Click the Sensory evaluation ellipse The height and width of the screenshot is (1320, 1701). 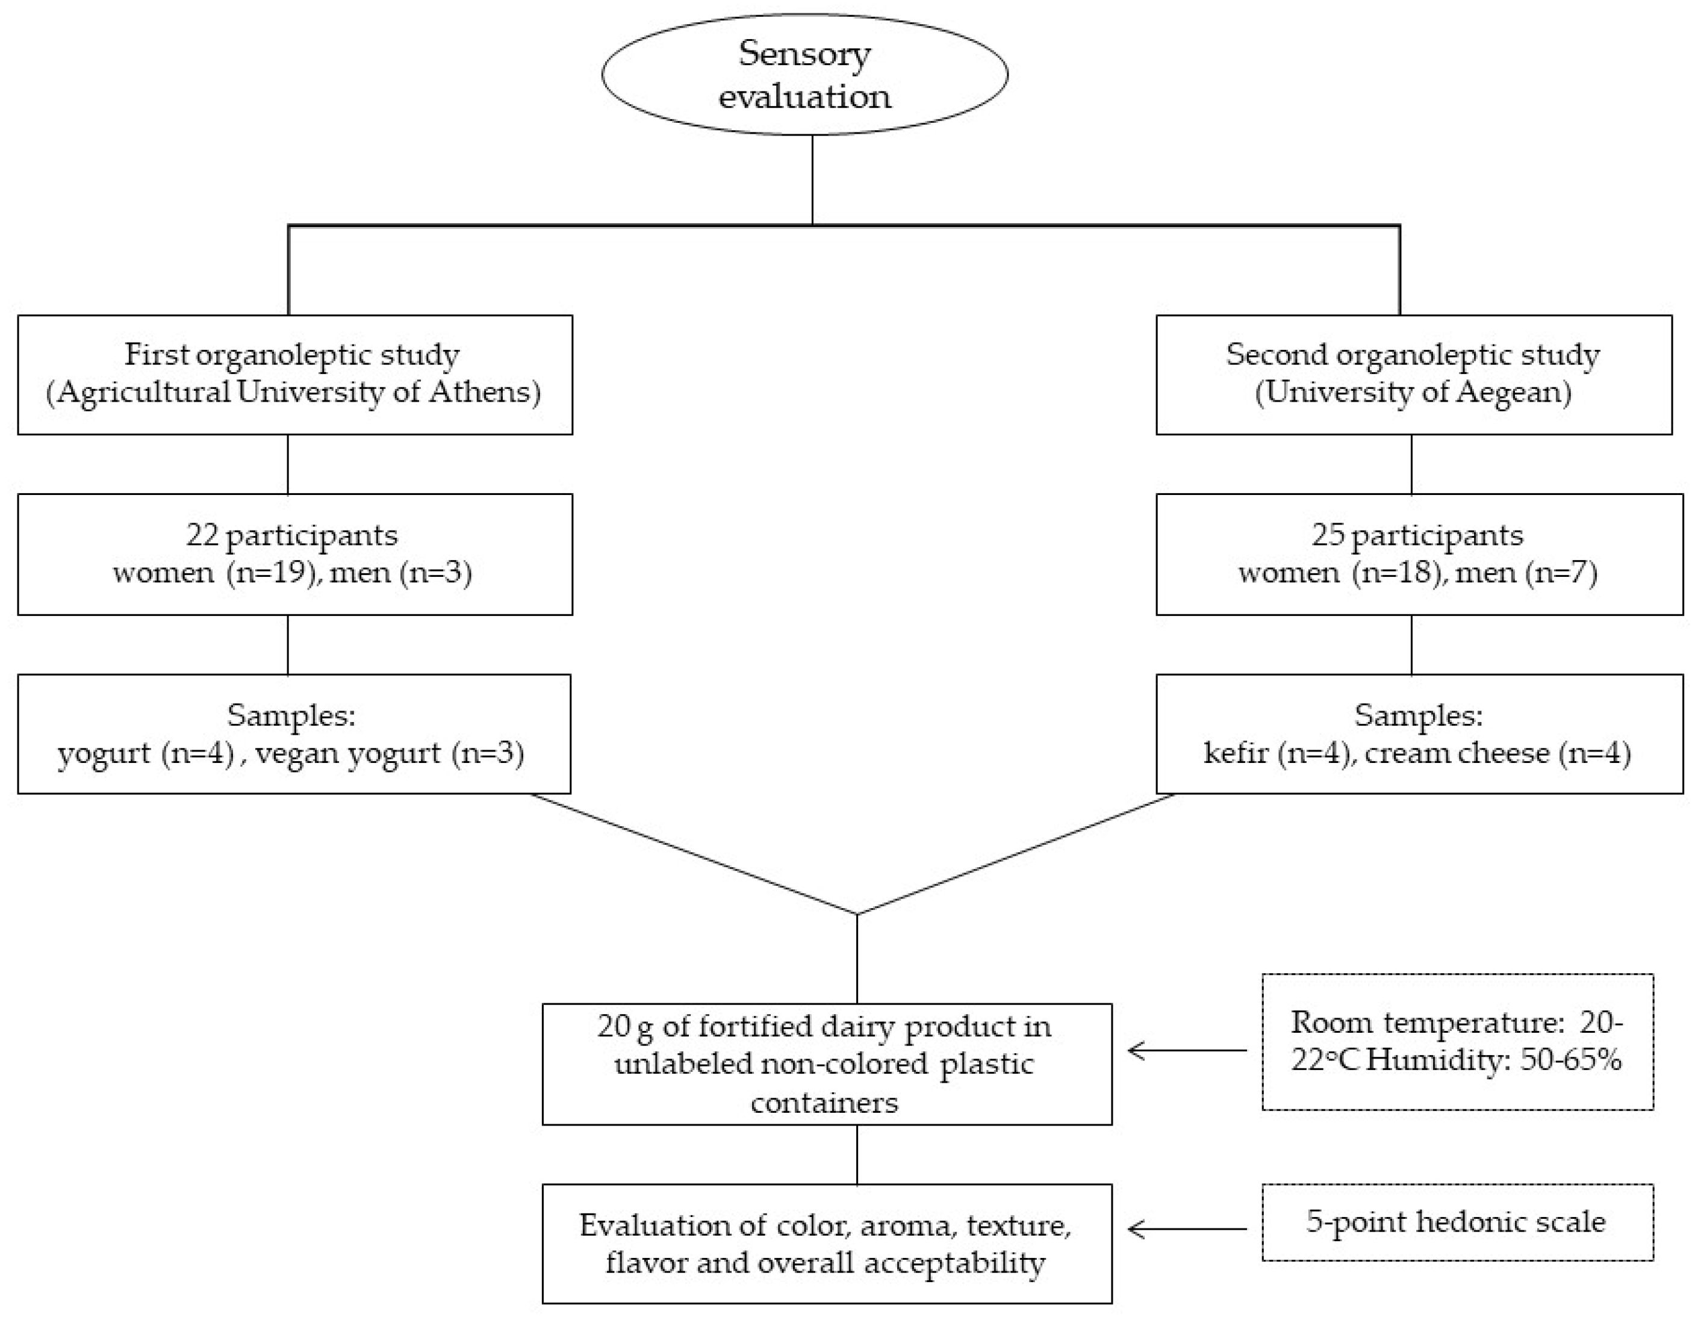pyautogui.click(x=804, y=75)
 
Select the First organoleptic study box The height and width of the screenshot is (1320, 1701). pyautogui.click(x=294, y=375)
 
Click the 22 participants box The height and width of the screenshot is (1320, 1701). pyautogui.click(x=294, y=555)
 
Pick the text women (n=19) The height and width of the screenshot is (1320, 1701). pyautogui.click(x=217, y=573)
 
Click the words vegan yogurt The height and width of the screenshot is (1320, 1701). pyautogui.click(x=347, y=754)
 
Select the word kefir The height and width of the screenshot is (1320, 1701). pyautogui.click(x=1236, y=754)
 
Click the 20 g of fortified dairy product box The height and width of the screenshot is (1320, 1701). pyautogui.click(x=826, y=1064)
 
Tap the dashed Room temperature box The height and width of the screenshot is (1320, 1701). pyautogui.click(x=1457, y=1041)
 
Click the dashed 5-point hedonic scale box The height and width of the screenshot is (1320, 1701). pyautogui.click(x=1457, y=1222)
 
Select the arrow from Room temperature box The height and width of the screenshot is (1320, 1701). pyautogui.click(x=1187, y=1051)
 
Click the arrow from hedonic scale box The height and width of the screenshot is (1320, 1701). pyautogui.click(x=1187, y=1230)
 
